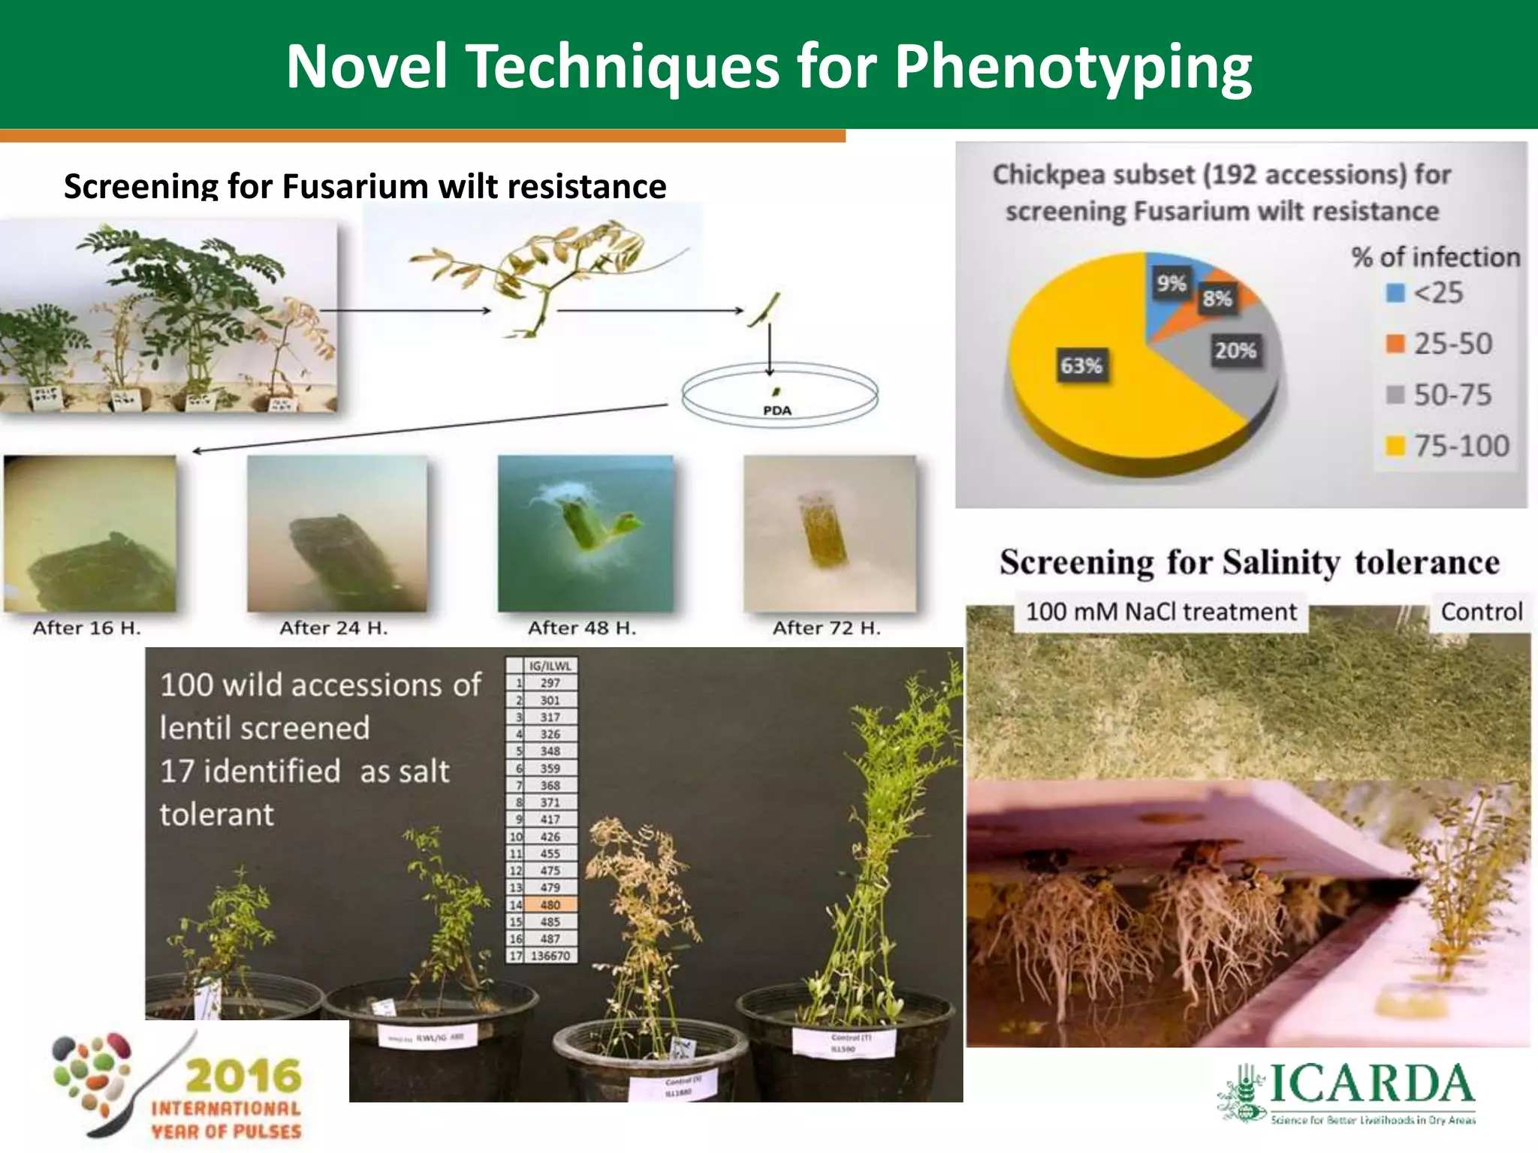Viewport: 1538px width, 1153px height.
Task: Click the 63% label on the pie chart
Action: pos(1081,366)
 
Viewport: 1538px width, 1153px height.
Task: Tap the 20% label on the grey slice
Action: pos(1235,350)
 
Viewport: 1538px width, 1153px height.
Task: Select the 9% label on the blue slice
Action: pos(1171,284)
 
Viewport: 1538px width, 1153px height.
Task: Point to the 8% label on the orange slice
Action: pos(1217,299)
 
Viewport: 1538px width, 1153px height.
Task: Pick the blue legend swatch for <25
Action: pos(1395,293)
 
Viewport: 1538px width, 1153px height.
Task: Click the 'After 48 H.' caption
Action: pos(582,628)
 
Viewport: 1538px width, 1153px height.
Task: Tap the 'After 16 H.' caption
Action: pos(86,628)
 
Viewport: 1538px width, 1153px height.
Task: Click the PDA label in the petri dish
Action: pos(777,411)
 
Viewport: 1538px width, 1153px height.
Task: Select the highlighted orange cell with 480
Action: pos(550,905)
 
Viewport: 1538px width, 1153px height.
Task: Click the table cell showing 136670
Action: pos(550,956)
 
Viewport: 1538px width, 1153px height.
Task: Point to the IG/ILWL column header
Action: pos(550,665)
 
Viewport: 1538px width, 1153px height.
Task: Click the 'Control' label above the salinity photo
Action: pos(1481,612)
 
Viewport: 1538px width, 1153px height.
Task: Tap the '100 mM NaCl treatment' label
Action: pos(1161,612)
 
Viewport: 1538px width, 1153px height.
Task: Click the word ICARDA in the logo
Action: pos(1371,1085)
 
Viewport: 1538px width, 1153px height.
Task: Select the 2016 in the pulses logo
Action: pos(243,1076)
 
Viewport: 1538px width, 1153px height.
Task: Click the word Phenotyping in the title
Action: pos(1073,66)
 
